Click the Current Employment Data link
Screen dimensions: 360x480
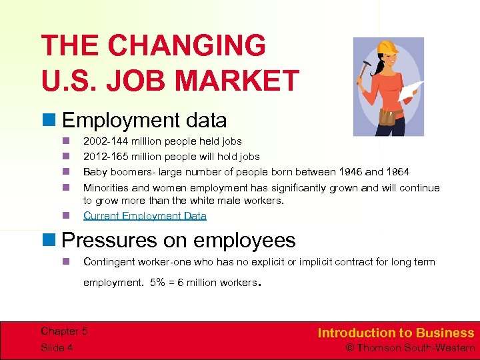(145, 216)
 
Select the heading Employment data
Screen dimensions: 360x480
(144, 121)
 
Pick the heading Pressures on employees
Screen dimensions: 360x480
(179, 239)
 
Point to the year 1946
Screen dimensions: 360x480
(351, 172)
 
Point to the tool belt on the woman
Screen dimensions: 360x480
(389, 116)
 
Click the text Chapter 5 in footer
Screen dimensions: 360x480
(64, 331)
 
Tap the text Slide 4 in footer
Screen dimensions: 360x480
(57, 347)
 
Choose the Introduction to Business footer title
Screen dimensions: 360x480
(395, 333)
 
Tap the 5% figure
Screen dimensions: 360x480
(159, 283)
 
